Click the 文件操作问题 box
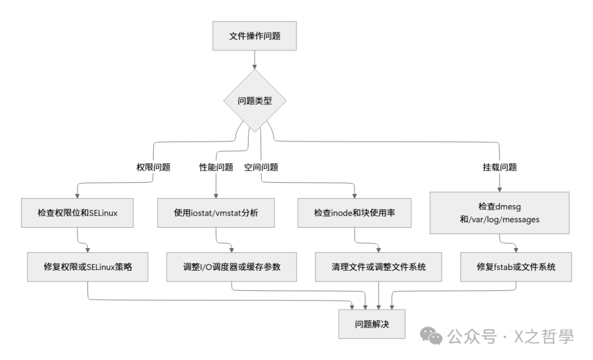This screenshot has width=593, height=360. [255, 37]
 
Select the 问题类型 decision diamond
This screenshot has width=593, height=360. [255, 101]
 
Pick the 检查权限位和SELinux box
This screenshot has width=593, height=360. [77, 213]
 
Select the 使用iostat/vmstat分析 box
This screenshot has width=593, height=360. [215, 213]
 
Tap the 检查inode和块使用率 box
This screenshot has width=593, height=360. [355, 213]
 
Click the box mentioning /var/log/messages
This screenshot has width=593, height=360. [499, 213]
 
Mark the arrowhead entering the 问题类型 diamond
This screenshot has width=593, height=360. [255, 66]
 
